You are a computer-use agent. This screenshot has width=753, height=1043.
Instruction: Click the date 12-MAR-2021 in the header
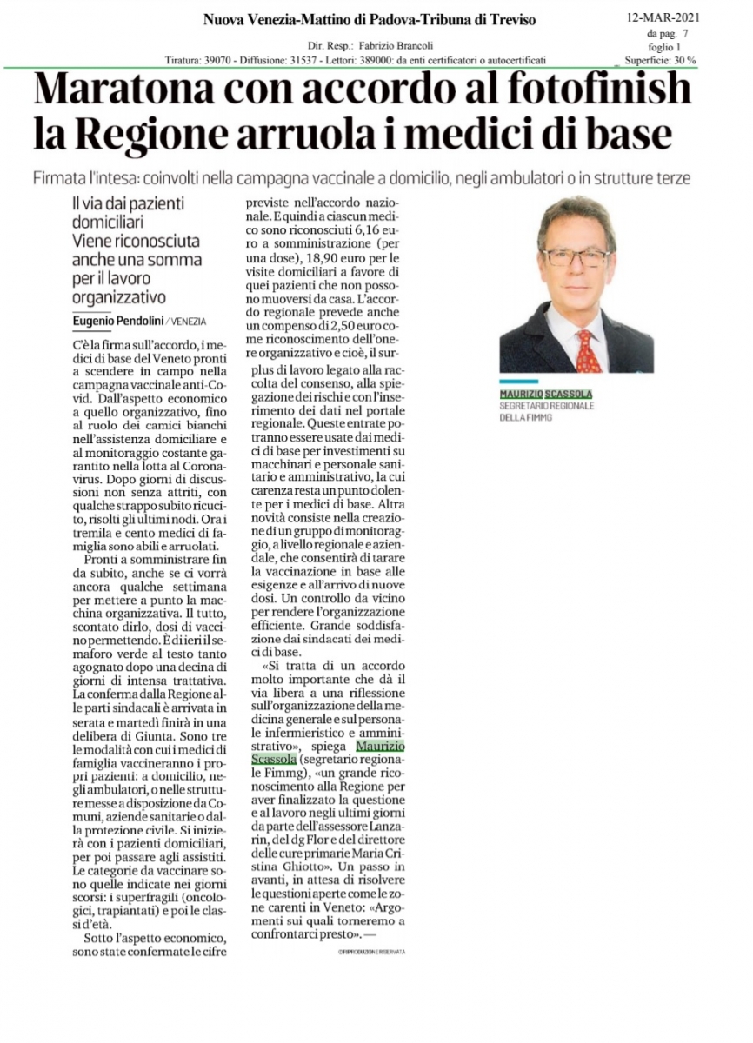pyautogui.click(x=663, y=17)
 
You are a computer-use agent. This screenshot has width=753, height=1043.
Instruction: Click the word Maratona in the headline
pyautogui.click(x=132, y=90)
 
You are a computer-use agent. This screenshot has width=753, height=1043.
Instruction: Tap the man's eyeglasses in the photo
pyautogui.click(x=576, y=257)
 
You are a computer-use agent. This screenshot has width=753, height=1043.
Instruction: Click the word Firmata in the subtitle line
pyautogui.click(x=60, y=178)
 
